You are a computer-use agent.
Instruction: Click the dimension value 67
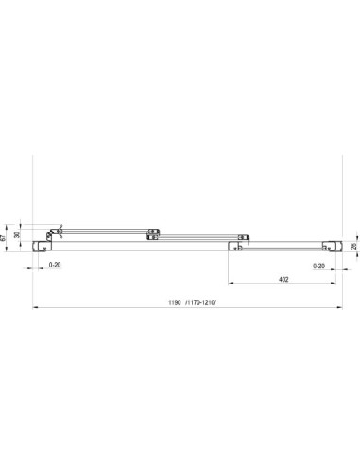(3, 238)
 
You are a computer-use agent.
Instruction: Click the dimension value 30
(17, 234)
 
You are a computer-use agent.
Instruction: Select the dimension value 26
(353, 246)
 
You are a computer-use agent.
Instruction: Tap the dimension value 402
(283, 279)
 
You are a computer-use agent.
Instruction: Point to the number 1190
(175, 302)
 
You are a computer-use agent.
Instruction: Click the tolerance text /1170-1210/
(201, 302)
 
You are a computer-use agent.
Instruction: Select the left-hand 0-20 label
(55, 265)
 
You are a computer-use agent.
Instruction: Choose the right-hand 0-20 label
(318, 267)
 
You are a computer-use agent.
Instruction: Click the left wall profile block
(42, 246)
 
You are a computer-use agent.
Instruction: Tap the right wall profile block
(332, 246)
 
